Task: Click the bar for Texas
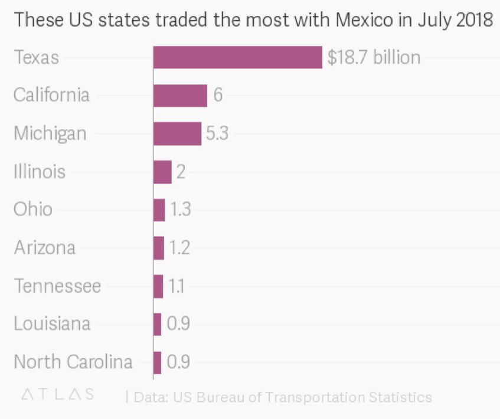(x=237, y=57)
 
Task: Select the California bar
(x=180, y=95)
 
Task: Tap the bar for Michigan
(x=177, y=133)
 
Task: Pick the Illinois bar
(x=162, y=172)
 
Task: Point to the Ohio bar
(x=159, y=209)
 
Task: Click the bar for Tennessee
(x=158, y=286)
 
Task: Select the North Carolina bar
(x=158, y=362)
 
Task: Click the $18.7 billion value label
(x=374, y=57)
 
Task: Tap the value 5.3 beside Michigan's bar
(x=217, y=133)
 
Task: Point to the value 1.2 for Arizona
(x=179, y=248)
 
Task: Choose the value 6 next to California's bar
(x=218, y=95)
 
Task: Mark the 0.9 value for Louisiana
(x=178, y=324)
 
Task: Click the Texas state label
(x=37, y=58)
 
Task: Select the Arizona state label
(x=45, y=247)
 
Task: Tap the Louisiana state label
(x=52, y=323)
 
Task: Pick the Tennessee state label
(x=57, y=286)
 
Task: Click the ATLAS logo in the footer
(x=57, y=395)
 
